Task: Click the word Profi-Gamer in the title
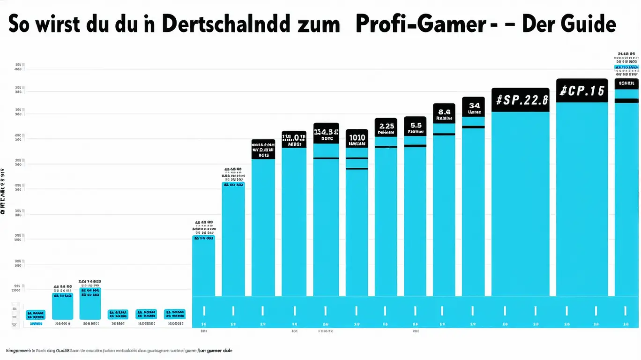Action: tap(419, 24)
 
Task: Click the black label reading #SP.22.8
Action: tap(520, 100)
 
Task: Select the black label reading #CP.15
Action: tap(581, 90)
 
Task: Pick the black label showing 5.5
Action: tap(415, 127)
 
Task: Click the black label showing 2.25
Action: tap(386, 127)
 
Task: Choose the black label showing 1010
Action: tap(357, 138)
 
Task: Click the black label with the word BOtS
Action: tap(263, 149)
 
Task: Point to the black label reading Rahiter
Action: tap(444, 113)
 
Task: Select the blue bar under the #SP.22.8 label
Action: tap(520, 202)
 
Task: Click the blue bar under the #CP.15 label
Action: tap(581, 197)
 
